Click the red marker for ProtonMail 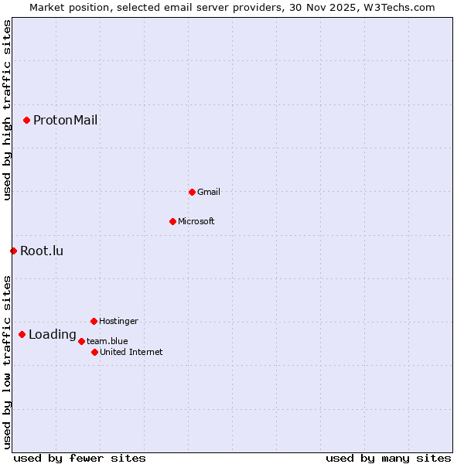tap(26, 120)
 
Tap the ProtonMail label tap(65, 120)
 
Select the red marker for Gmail tap(192, 192)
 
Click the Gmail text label tap(209, 192)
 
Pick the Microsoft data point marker tap(172, 221)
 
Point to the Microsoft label tap(196, 221)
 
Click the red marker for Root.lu tap(13, 251)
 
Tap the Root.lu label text tap(42, 251)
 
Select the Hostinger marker tap(94, 321)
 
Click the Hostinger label tap(118, 321)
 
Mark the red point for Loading tap(22, 335)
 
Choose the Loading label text tap(52, 335)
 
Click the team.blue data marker tap(81, 341)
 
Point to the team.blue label tap(107, 341)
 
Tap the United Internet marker tap(94, 352)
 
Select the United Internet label tap(131, 352)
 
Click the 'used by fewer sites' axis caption tap(80, 458)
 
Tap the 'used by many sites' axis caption tap(388, 458)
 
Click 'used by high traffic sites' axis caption tap(7, 110)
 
